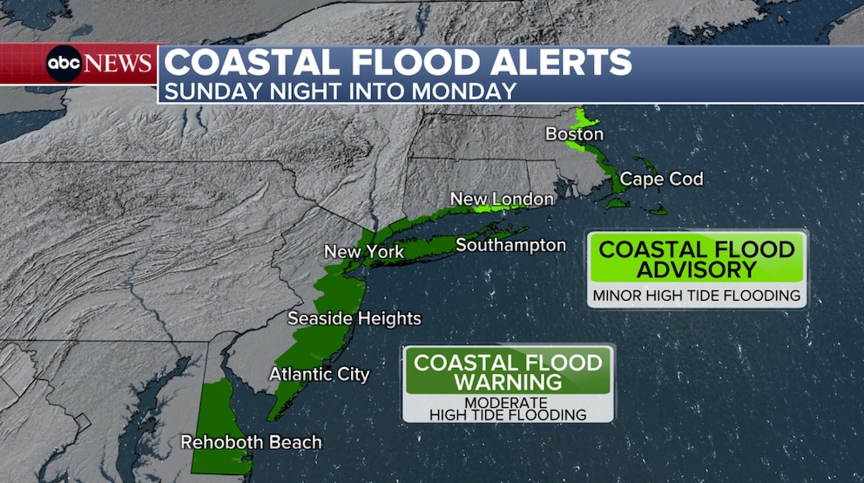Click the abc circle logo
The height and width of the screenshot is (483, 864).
pos(64,64)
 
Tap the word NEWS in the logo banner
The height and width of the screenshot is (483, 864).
pos(119,64)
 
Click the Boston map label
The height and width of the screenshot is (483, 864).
pos(574,134)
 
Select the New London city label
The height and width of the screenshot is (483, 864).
pos(502,200)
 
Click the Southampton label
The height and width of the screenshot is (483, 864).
pos(510,245)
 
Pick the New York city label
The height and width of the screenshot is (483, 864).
pos(363,252)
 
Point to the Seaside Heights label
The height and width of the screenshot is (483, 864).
pos(354,318)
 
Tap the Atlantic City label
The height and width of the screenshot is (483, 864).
pos(319,374)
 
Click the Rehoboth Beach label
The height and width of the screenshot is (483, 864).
pos(251,443)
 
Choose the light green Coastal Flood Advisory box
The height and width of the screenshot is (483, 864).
pos(697,259)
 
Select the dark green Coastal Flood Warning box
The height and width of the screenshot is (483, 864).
pos(509,372)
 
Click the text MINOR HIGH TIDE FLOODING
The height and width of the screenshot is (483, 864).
pos(697,296)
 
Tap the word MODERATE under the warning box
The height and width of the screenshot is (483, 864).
pos(506,402)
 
